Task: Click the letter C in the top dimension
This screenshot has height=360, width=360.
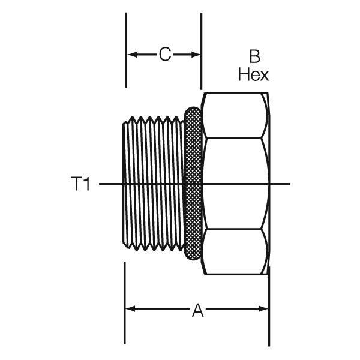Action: (x=165, y=55)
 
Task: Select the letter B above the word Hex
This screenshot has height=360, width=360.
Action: (x=254, y=57)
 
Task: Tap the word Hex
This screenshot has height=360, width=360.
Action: (x=253, y=74)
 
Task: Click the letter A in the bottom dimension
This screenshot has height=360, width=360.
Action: (x=197, y=310)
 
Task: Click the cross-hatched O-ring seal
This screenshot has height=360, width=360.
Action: (x=193, y=184)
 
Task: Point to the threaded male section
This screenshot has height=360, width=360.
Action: (x=153, y=184)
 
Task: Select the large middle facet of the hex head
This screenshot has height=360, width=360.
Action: (x=235, y=168)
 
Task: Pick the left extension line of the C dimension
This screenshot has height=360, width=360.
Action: (x=125, y=48)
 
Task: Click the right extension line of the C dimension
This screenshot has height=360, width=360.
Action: (x=201, y=48)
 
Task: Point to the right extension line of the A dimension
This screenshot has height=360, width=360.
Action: (x=268, y=312)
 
